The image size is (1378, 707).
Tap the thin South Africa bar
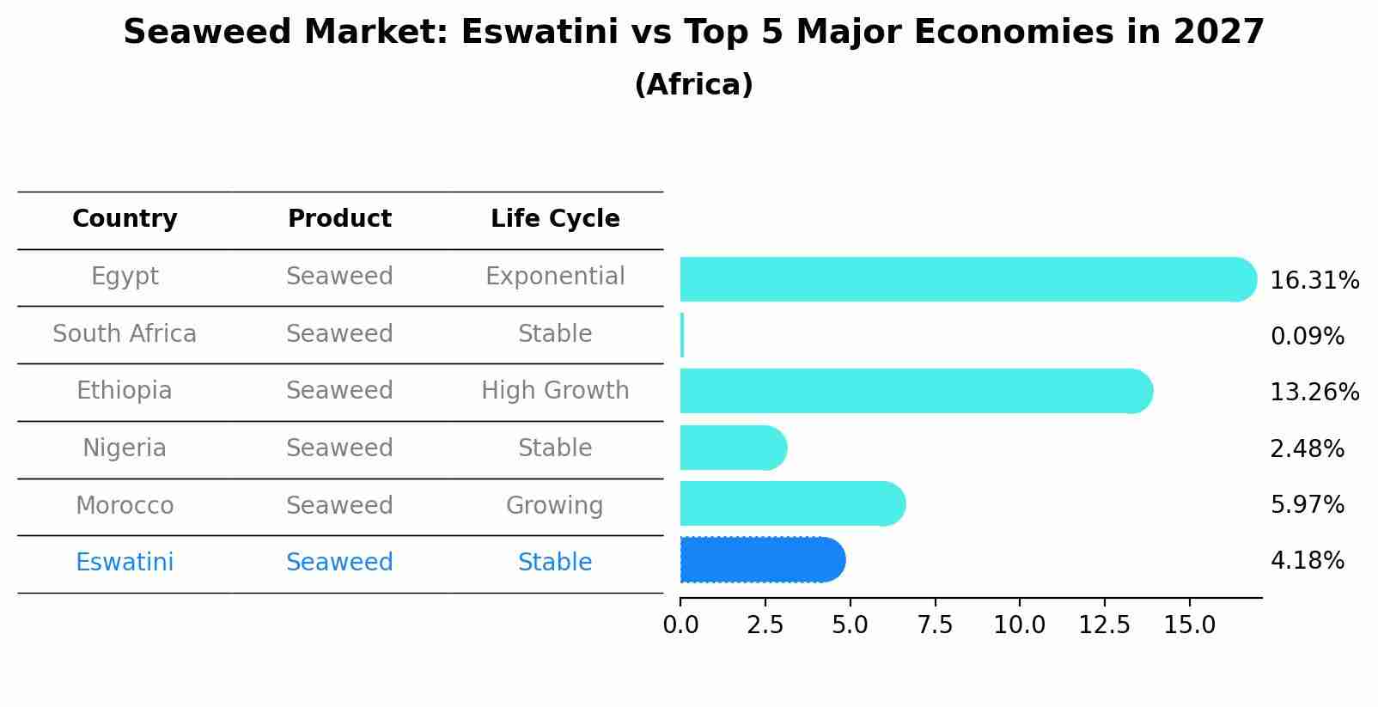682,335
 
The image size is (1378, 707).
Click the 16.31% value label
1314,281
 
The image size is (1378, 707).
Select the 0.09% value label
1307,337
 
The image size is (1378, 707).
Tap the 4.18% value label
1307,561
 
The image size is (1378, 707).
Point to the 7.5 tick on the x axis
935,625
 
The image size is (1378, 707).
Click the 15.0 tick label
1189,625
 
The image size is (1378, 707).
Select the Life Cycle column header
555,219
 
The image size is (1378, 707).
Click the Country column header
125,219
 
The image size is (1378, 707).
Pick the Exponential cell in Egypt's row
555,277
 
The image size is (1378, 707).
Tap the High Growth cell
555,391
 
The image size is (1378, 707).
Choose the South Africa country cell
125,334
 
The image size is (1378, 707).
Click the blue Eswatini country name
125,563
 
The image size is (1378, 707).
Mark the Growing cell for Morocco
555,506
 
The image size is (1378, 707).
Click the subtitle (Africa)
693,85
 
